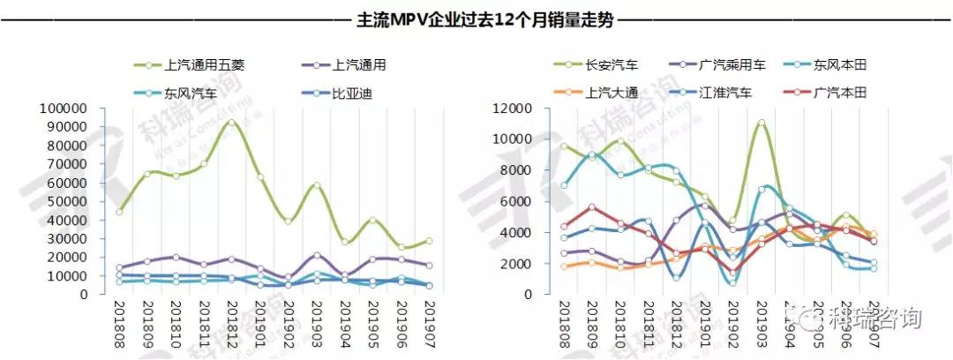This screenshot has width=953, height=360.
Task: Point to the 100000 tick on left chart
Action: pyautogui.click(x=61, y=109)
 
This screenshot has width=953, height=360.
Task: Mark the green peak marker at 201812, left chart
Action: pyautogui.click(x=231, y=122)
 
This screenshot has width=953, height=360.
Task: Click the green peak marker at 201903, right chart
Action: pyautogui.click(x=762, y=123)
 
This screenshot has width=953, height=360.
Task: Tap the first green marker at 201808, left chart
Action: pyautogui.click(x=119, y=212)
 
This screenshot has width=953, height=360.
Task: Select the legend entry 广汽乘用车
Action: pyautogui.click(x=732, y=65)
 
